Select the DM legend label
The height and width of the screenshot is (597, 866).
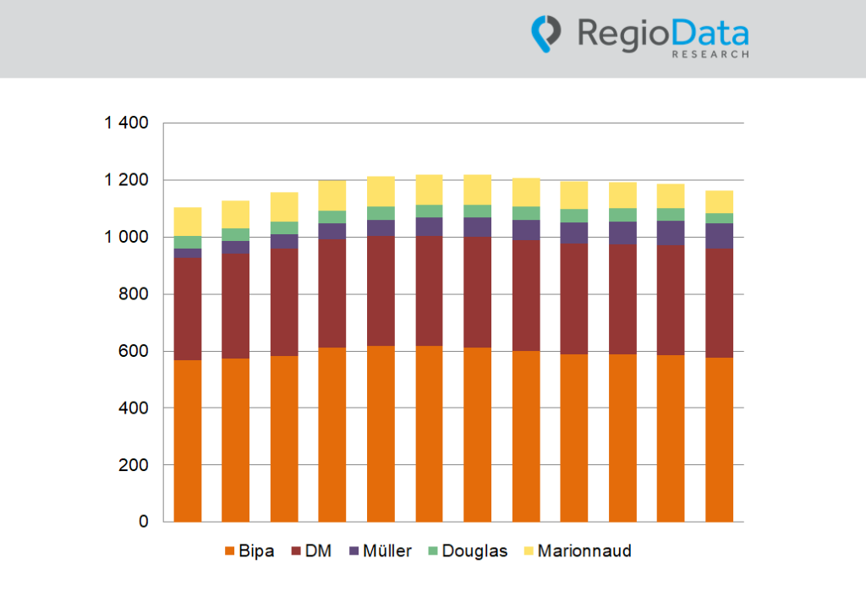pyautogui.click(x=318, y=551)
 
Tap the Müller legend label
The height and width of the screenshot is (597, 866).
pyautogui.click(x=387, y=551)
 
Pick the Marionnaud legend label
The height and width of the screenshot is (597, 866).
pyautogui.click(x=584, y=551)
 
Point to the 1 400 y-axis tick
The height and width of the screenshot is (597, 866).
pyautogui.click(x=126, y=123)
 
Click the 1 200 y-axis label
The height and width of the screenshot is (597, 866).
pyautogui.click(x=126, y=180)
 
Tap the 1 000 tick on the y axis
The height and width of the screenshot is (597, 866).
pyautogui.click(x=126, y=238)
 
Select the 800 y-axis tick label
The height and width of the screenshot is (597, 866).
pyautogui.click(x=134, y=294)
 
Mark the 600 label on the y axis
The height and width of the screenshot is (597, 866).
pyautogui.click(x=134, y=351)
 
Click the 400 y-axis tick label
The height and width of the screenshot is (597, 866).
pyautogui.click(x=134, y=408)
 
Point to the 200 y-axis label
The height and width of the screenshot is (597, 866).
pyautogui.click(x=134, y=465)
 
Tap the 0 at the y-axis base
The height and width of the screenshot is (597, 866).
pyautogui.click(x=144, y=523)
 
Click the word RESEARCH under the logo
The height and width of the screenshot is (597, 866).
pyautogui.click(x=710, y=54)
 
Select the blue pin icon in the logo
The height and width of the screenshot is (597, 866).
pyautogui.click(x=546, y=33)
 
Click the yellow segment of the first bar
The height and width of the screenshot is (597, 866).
pyautogui.click(x=188, y=222)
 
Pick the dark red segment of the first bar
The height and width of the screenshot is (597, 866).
pyautogui.click(x=188, y=309)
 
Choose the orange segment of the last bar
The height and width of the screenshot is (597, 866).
pyautogui.click(x=719, y=440)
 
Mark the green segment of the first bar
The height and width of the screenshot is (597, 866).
pyautogui.click(x=188, y=242)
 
